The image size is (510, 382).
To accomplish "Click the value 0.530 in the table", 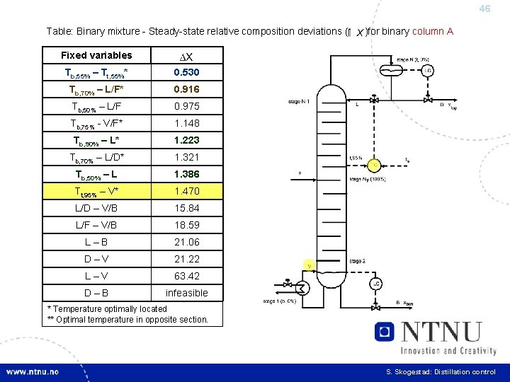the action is (187, 72).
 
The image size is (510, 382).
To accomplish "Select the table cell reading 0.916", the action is (187, 89).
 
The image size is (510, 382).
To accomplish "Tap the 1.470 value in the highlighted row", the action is (187, 191).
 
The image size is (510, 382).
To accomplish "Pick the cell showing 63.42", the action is (187, 276).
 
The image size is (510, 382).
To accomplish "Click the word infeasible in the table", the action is (187, 293).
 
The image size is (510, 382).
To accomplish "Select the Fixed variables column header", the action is (96, 55).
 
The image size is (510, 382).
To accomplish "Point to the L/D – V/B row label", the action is (96, 208).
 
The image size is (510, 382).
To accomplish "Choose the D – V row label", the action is (96, 259).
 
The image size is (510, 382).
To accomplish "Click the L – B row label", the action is (96, 242).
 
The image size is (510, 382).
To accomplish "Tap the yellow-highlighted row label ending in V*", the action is (96, 191).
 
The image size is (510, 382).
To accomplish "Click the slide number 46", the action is (484, 9).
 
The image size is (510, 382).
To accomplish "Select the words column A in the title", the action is (433, 31).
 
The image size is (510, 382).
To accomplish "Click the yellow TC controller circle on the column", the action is (374, 165).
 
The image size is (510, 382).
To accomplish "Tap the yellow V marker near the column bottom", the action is (310, 265).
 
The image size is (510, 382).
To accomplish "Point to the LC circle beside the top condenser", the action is (428, 70).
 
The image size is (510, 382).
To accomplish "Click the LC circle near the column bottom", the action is (375, 284).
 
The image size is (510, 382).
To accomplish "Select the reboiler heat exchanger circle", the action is (302, 288).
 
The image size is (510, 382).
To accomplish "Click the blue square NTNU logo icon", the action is (385, 332).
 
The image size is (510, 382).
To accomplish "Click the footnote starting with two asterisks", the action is (127, 320).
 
